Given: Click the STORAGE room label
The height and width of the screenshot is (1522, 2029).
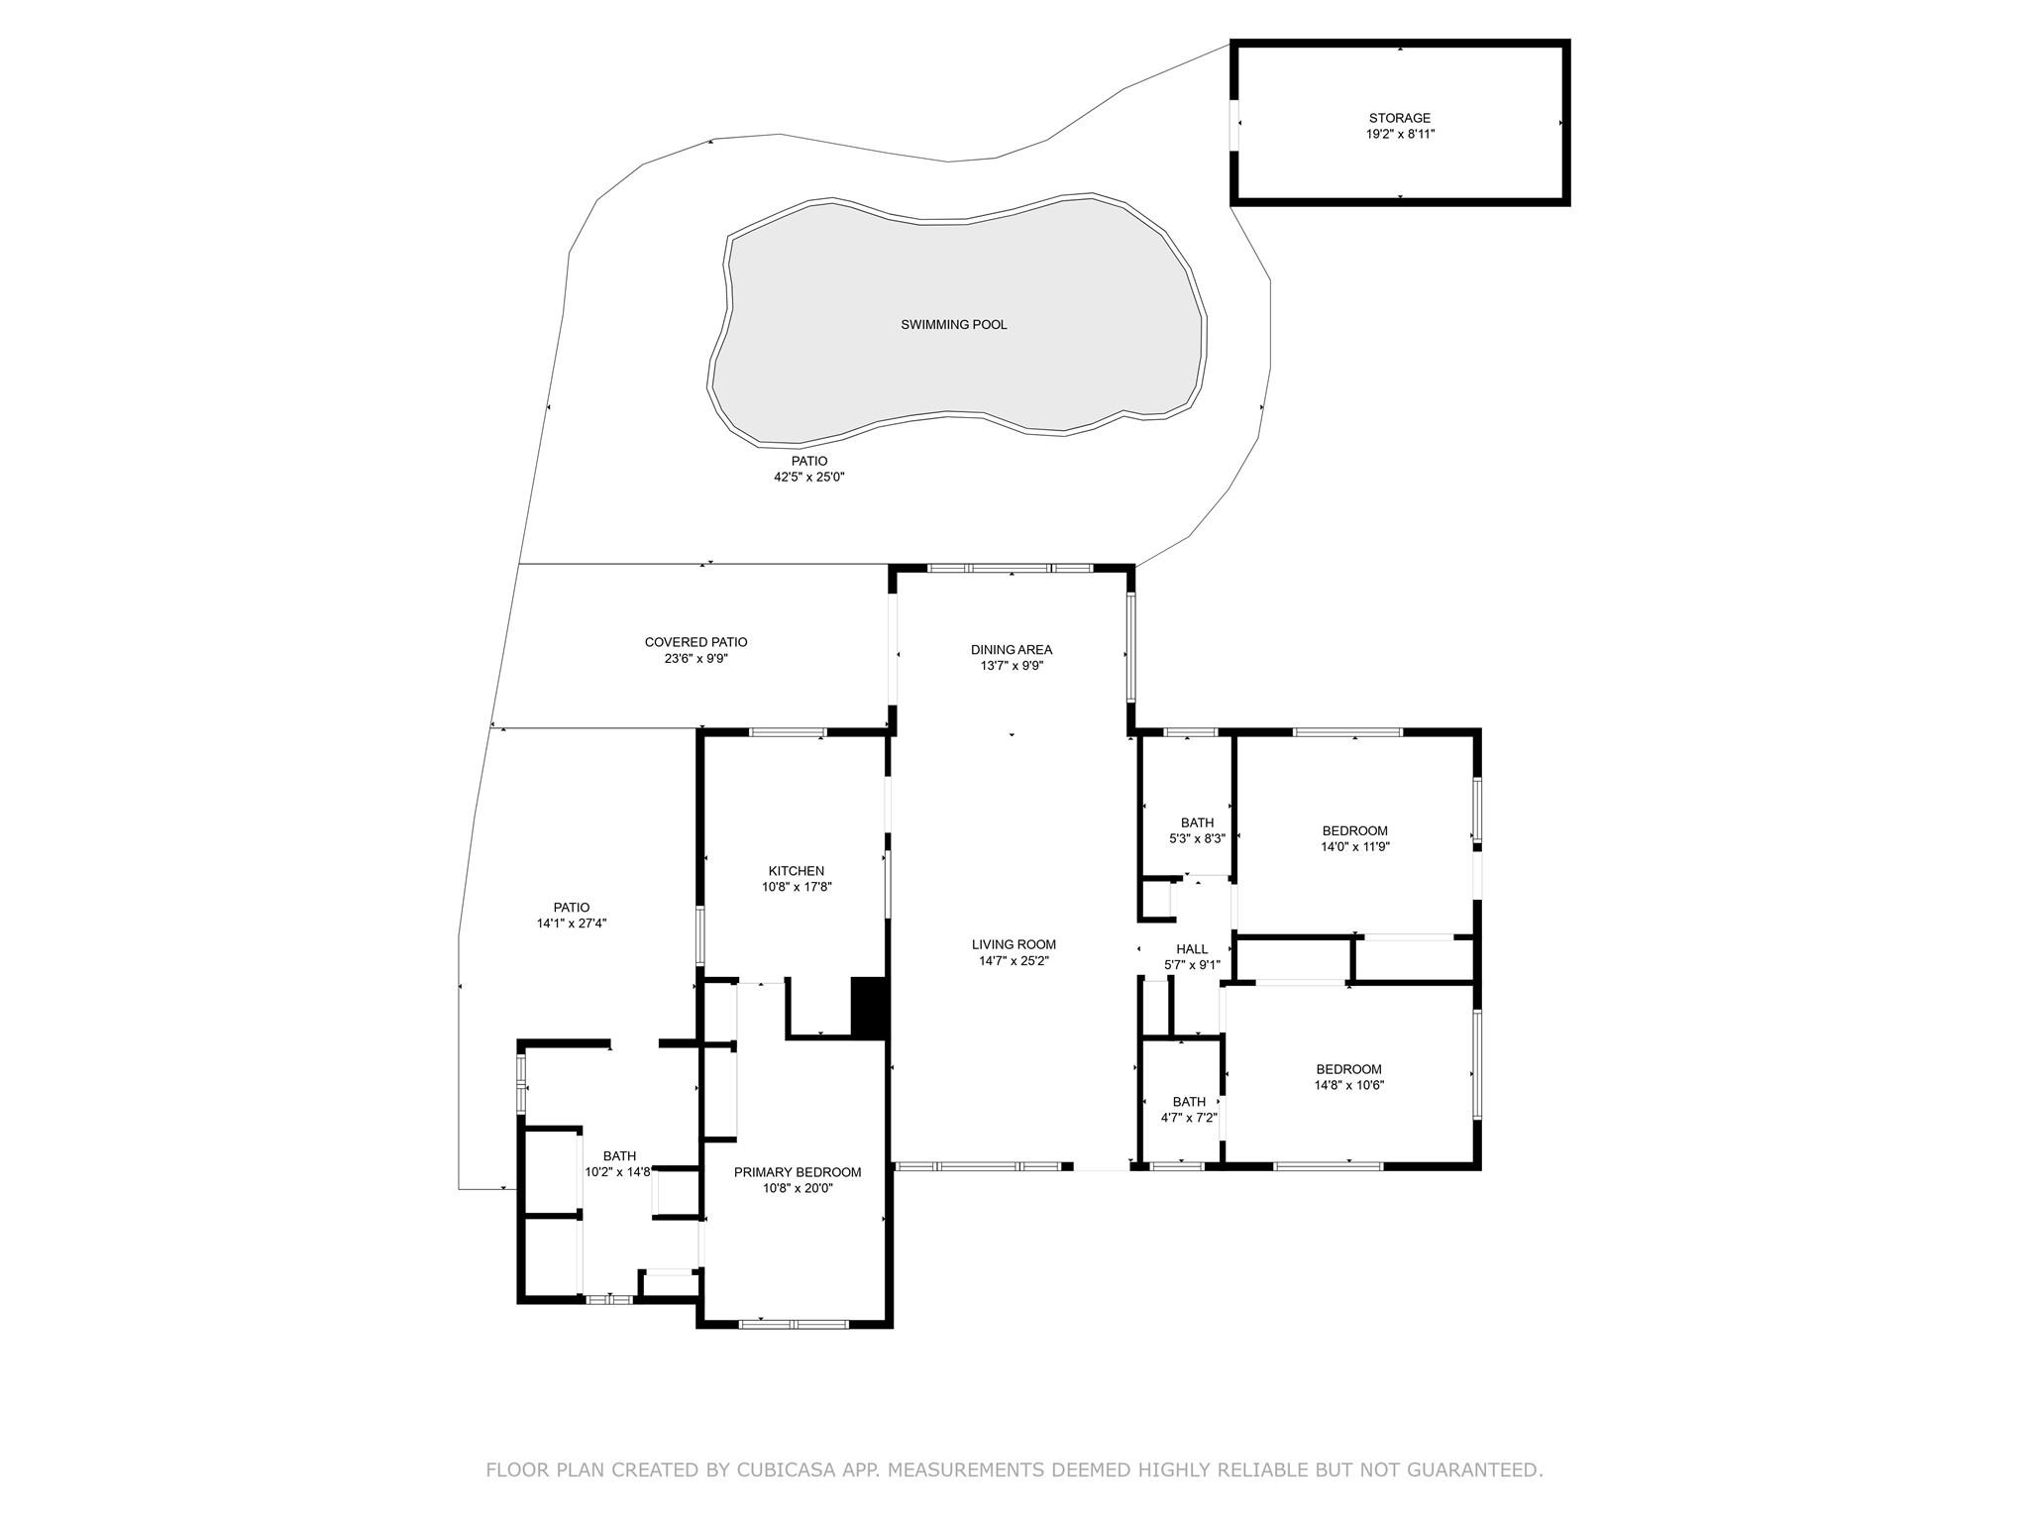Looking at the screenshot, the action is [x=1400, y=118].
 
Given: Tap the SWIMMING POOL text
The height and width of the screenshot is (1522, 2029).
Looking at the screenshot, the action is [x=954, y=325].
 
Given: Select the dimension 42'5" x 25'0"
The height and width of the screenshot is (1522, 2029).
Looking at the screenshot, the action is [x=809, y=477].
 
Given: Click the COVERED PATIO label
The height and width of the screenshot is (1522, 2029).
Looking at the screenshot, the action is [x=696, y=642].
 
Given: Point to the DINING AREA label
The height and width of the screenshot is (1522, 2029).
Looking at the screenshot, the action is [x=1012, y=650].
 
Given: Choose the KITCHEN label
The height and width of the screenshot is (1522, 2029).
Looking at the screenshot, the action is [x=797, y=871].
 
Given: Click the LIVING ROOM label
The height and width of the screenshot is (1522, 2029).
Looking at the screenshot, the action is [x=1014, y=944].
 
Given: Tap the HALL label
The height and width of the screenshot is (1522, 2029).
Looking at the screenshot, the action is [x=1192, y=949].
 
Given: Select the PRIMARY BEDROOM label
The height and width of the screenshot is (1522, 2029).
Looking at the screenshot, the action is [x=798, y=1172].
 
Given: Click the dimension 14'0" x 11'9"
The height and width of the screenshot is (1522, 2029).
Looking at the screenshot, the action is [x=1355, y=847].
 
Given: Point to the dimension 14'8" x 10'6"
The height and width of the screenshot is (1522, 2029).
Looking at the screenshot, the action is [x=1349, y=1085].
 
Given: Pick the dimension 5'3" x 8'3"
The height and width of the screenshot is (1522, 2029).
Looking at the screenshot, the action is [x=1198, y=838].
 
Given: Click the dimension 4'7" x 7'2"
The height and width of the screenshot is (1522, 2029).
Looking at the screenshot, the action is [x=1190, y=1118].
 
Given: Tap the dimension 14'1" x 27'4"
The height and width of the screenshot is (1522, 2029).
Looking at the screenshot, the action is [x=572, y=924].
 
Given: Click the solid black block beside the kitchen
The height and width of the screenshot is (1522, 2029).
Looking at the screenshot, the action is [x=869, y=1008].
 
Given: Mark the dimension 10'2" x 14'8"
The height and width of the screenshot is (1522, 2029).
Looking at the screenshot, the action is [x=619, y=1172].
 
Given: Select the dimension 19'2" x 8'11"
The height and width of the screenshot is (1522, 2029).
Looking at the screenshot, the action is [x=1400, y=134].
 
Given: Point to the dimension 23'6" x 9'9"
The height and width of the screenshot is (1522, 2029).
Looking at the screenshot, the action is [x=696, y=658].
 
